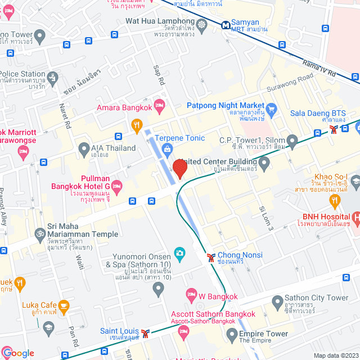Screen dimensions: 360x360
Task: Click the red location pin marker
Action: coord(179,169)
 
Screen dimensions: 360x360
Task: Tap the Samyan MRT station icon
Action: coord(225,25)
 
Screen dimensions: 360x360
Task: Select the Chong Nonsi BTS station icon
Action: coord(211,257)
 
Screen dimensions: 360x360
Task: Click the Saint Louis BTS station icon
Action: coord(146,333)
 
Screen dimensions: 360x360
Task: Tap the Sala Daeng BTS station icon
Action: coord(335,129)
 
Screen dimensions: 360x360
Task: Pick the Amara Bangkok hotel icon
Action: coord(159,104)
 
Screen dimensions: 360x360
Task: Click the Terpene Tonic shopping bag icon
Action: coord(166,148)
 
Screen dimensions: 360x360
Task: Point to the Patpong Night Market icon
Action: coord(272,108)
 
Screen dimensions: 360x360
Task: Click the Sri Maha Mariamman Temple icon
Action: coord(40,232)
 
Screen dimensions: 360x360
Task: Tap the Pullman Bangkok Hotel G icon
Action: coord(116,185)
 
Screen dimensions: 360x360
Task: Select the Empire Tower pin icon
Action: coord(231,336)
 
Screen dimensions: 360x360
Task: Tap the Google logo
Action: coord(18,353)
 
